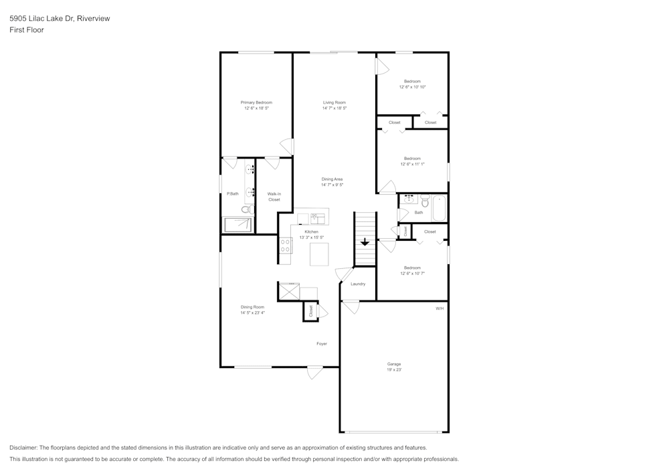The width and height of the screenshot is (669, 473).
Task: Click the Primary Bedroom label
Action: pos(257,102)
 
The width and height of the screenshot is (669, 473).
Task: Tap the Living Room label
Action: pos(334,102)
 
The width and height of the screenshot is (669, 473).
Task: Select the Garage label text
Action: pos(394,364)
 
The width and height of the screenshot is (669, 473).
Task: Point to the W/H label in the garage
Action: pos(440,308)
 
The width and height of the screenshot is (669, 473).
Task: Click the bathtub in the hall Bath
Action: pos(440,207)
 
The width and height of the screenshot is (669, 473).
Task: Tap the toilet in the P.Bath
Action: pos(246,209)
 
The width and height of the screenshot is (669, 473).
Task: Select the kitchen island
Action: pos(319,254)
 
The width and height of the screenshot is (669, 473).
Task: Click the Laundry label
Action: pos(358,284)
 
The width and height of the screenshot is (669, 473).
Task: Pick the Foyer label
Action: pos(322,344)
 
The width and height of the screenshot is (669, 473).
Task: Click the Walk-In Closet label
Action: pos(274,197)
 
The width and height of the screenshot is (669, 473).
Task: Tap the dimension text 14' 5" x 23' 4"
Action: pos(252,312)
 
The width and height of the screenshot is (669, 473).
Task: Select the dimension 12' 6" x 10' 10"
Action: pos(412,87)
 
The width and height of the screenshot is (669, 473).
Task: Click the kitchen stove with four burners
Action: pos(286,246)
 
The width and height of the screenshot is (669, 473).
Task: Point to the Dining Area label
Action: pos(332,179)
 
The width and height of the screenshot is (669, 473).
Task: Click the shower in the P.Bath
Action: pos(237,225)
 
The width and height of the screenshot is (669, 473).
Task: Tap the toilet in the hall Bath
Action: pos(425,200)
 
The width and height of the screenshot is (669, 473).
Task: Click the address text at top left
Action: pos(60,19)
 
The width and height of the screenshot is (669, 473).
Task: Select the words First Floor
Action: pos(27,30)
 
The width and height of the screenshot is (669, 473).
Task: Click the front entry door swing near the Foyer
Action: pos(315,373)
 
